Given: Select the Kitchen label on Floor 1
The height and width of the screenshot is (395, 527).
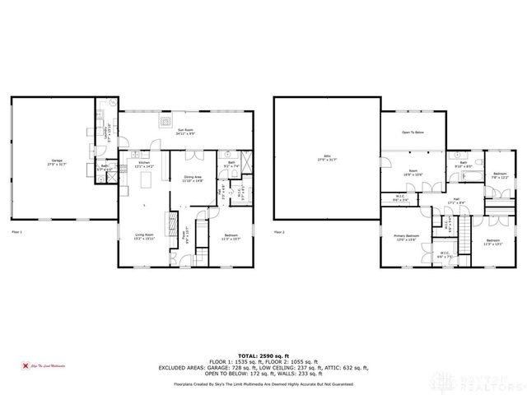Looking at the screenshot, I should (x=144, y=165).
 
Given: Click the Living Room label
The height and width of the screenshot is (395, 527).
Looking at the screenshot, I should (x=145, y=237).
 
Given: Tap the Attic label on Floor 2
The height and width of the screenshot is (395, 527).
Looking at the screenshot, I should (x=327, y=160).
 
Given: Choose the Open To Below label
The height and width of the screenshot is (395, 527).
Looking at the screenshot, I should (x=413, y=132).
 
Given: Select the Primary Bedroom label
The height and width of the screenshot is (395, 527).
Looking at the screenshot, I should (x=406, y=237).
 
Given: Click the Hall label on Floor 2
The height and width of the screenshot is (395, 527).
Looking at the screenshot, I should (x=452, y=201).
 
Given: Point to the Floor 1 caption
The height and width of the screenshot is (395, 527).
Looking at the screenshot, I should (x=16, y=234).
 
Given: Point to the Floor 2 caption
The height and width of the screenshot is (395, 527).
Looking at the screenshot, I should (x=280, y=233).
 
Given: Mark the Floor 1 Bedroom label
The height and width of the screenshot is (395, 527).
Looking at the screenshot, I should (x=231, y=237).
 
